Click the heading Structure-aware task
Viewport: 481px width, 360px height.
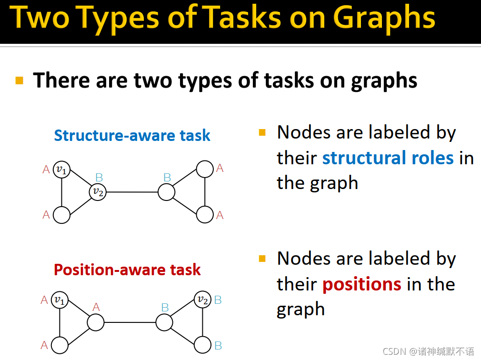[132, 136]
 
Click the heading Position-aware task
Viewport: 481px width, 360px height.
[127, 270]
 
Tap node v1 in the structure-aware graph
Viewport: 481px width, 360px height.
[61, 170]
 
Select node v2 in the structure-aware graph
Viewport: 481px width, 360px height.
[98, 192]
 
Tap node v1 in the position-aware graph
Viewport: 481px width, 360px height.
[60, 300]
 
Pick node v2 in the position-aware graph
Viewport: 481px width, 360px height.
[203, 300]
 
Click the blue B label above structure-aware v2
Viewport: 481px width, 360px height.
[99, 178]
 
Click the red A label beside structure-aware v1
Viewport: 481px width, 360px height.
[46, 169]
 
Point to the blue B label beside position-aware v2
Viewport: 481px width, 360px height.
[218, 300]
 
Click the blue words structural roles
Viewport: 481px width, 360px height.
[388, 158]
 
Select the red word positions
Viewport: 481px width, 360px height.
[361, 284]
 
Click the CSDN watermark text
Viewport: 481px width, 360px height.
[428, 351]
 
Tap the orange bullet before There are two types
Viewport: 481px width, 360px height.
[20, 80]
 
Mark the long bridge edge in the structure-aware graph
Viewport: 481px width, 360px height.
[132, 192]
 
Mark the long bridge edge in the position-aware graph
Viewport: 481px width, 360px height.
[130, 322]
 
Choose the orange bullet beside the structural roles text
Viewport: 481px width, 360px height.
[262, 132]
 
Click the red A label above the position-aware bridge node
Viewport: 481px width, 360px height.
[96, 307]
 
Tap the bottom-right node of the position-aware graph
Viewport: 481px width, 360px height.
[203, 345]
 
